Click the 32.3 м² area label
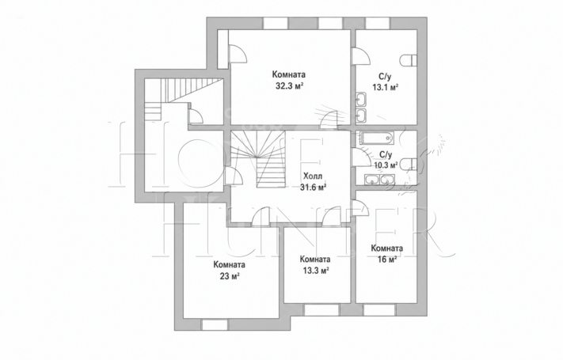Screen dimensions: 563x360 (x=288, y=85)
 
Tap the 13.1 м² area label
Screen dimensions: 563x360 (x=386, y=87)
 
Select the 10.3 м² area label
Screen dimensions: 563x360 (x=386, y=165)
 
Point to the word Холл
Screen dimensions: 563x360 (x=313, y=176)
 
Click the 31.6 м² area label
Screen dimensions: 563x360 (x=313, y=187)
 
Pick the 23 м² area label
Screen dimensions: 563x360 (x=230, y=276)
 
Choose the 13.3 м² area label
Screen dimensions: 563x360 (x=314, y=271)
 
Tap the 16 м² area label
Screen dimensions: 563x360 (x=386, y=260)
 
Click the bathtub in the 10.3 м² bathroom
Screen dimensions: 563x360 (x=376, y=138)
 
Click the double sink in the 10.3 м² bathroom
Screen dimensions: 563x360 (x=379, y=179)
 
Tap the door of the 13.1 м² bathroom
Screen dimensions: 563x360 (x=360, y=56)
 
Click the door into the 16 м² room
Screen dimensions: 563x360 (x=359, y=208)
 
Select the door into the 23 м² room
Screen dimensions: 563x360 (x=260, y=217)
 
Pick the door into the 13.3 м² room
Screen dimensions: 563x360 (x=331, y=217)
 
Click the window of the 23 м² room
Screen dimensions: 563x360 (x=215, y=325)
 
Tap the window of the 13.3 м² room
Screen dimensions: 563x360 (x=321, y=310)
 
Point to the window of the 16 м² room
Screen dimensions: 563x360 (x=379, y=310)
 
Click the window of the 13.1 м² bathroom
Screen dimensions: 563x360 (x=378, y=23)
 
